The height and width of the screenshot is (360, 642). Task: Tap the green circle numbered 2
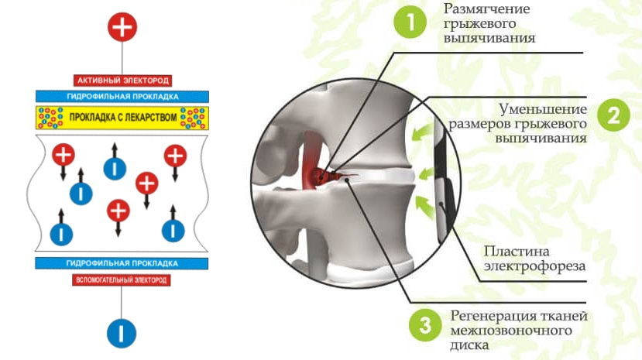(x=613, y=115)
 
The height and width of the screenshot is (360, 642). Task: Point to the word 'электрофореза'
(x=534, y=267)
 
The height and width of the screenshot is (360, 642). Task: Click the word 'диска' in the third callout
(x=469, y=345)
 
